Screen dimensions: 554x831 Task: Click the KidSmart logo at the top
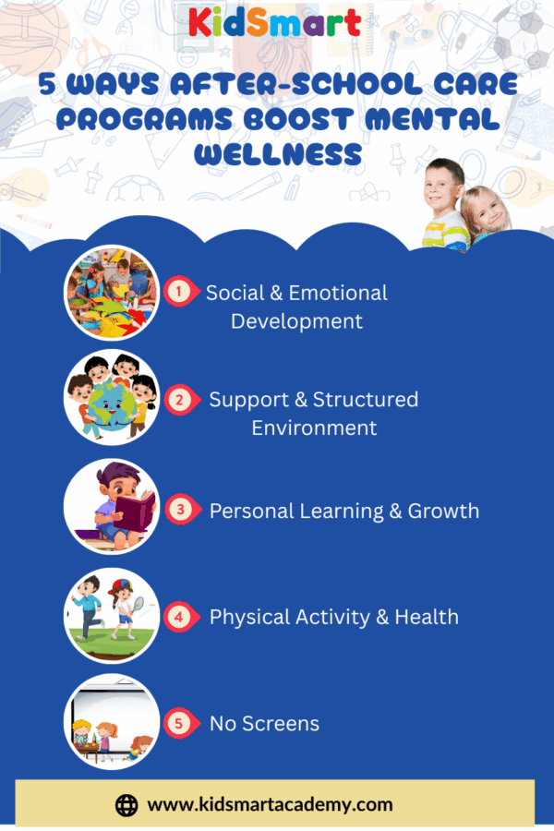(x=274, y=23)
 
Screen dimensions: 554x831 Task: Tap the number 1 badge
(x=179, y=292)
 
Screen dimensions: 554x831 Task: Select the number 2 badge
(x=179, y=399)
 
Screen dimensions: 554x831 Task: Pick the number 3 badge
(x=180, y=510)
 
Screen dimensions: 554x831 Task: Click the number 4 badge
(x=179, y=617)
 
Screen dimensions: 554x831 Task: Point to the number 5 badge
(x=179, y=723)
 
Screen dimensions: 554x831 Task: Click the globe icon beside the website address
(x=126, y=805)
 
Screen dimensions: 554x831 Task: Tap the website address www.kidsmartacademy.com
(x=270, y=804)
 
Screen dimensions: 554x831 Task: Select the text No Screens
(x=265, y=723)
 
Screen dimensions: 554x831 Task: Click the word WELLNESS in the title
(x=278, y=154)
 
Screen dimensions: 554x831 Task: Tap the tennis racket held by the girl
(x=138, y=604)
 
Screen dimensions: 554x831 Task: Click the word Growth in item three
(x=443, y=511)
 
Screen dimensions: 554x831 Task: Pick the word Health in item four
(x=427, y=617)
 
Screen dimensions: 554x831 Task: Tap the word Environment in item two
(x=314, y=428)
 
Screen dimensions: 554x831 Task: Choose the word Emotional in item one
(x=338, y=293)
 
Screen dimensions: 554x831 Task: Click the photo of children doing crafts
(x=112, y=292)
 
